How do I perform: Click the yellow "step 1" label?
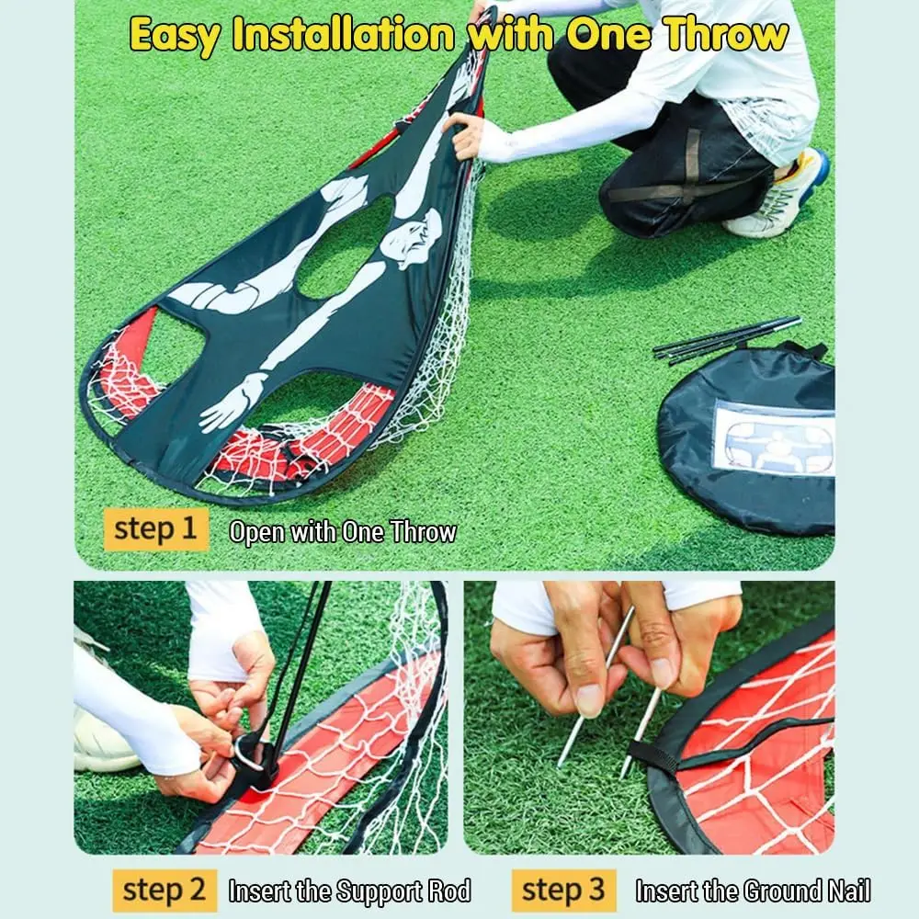pos(156,529)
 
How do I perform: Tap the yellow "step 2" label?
pos(165,891)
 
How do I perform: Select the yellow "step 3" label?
pos(564,891)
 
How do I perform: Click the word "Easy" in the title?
pos(176,35)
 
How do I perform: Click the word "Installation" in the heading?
pos(344,33)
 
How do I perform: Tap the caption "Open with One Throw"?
pos(342,531)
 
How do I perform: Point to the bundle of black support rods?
pos(727,340)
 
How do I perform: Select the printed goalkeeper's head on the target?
pos(410,240)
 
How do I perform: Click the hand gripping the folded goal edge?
pos(466,136)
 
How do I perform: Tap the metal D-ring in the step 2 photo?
pos(249,754)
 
